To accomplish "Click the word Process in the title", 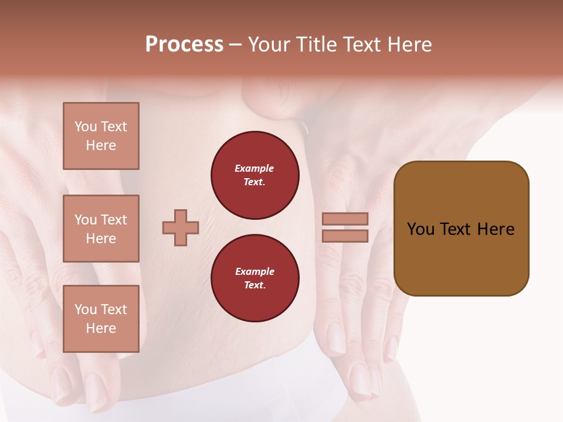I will pos(184,45).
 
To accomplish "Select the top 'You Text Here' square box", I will pos(101,136).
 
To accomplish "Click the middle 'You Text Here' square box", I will pos(101,229).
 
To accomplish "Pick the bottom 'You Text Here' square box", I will pos(101,319).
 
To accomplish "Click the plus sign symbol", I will pos(181,227).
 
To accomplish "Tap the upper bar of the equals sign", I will pos(345,219).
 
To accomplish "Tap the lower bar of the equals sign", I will pos(345,236).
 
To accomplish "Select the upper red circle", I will pos(255,175).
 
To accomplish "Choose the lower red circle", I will pos(255,278).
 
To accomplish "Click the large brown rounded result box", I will pos(461,229).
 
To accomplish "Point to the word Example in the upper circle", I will pos(254,168).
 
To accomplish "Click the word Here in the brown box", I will pos(496,229).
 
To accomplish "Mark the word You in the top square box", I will pos(86,127).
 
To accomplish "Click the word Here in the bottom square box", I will pos(101,328).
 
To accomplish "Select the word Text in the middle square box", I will pos(113,220).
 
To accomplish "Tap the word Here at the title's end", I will pos(411,45).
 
